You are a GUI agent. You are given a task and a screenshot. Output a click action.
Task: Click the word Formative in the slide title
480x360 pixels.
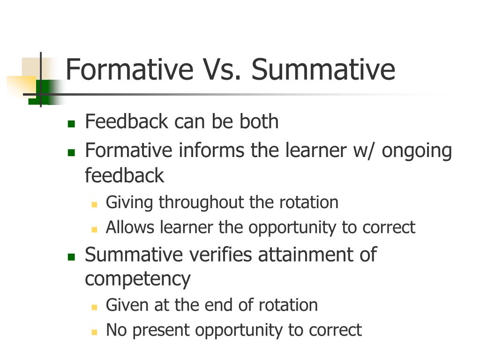tap(129, 69)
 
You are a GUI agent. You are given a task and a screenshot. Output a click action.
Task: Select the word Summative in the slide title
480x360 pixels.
tap(323, 69)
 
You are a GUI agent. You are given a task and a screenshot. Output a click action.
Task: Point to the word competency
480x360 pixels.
tap(137, 280)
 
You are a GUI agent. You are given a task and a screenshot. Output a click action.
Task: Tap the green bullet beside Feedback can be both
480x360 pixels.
tap(71, 124)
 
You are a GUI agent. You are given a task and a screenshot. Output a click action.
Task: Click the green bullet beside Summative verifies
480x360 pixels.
tap(71, 256)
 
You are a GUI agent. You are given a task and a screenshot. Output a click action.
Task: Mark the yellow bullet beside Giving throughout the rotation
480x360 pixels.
tap(94, 204)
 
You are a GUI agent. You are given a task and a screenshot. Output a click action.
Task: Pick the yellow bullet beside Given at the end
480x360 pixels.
tap(94, 307)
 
